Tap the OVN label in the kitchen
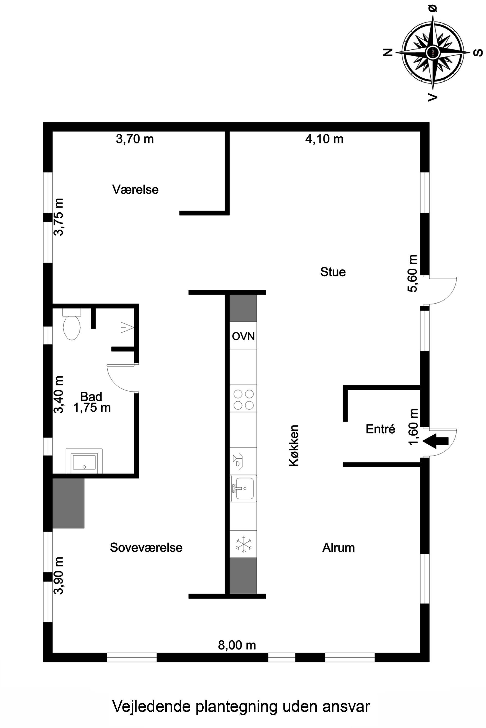tap(243, 336)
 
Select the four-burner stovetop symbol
tap(243, 400)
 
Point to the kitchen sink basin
tap(244, 488)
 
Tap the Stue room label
tap(333, 272)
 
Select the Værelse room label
tap(135, 190)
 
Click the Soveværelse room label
tap(146, 547)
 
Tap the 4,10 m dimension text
tap(324, 139)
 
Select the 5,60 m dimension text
tap(413, 273)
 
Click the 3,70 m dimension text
tap(135, 139)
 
